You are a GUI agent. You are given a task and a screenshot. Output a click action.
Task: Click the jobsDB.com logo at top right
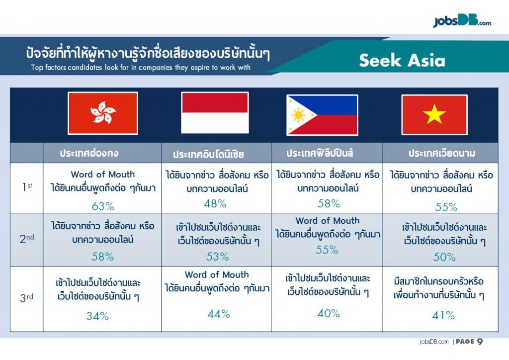pos(462,21)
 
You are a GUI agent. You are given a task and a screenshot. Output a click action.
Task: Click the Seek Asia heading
pos(402,60)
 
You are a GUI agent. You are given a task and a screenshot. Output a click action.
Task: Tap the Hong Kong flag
pos(103,113)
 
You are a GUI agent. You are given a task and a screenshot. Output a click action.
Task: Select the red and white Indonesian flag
pos(215,113)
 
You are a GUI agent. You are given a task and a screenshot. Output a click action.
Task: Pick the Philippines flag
pos(322,115)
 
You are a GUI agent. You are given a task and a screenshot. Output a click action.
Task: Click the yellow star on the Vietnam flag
pos(434,114)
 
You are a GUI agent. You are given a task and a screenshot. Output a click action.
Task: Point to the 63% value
pos(103,206)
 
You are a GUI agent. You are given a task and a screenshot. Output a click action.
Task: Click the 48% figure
pos(215,203)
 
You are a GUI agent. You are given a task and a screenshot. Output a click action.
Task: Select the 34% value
pos(97,316)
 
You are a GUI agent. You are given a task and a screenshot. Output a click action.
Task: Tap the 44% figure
pos(219,314)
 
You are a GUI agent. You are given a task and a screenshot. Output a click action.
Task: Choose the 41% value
pos(443,315)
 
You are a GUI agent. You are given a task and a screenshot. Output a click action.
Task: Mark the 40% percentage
pos(329,313)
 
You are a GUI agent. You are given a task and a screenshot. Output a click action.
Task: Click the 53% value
pos(218,257)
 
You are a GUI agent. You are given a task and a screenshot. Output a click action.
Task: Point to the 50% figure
pos(444,257)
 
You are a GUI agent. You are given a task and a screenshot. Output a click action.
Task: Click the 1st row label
pos(27,186)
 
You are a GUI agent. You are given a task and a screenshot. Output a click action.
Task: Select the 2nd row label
pos(27,239)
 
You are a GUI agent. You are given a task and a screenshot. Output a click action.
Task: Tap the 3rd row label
pos(27,297)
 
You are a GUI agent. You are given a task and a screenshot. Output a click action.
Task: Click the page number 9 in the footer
pos(480,342)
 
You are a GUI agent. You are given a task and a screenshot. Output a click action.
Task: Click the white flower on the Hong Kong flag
pos(103,113)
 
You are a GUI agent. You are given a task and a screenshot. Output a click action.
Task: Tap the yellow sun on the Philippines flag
pos(298,115)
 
